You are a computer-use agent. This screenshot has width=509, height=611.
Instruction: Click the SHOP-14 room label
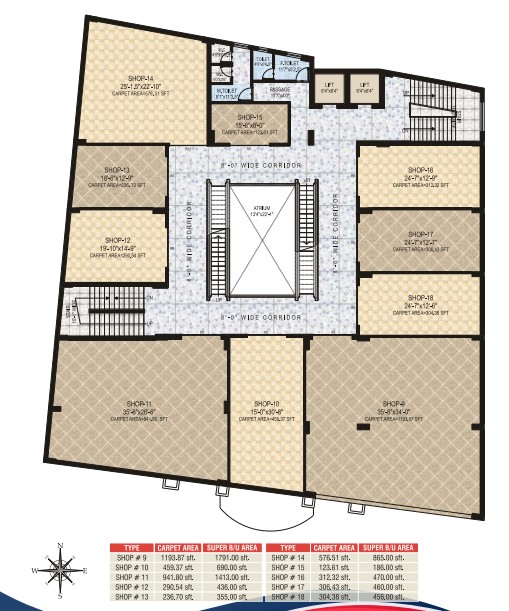click(x=141, y=78)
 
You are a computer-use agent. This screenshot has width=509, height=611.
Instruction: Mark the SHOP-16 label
click(x=413, y=170)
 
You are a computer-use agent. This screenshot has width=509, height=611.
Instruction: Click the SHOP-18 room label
click(x=413, y=297)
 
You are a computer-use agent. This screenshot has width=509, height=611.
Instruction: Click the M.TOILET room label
click(x=227, y=92)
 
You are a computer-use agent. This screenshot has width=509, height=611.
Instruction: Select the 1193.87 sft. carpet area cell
click(x=181, y=558)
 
